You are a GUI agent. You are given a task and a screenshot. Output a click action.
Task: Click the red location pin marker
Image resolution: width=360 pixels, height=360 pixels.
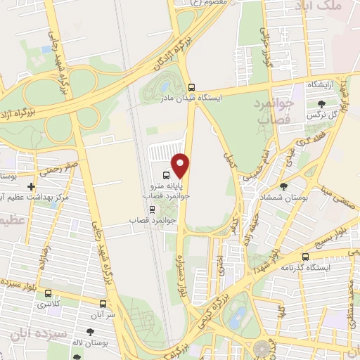coord(181,165)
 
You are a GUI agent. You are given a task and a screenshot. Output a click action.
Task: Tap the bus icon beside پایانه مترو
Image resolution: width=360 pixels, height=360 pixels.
coord(166,175)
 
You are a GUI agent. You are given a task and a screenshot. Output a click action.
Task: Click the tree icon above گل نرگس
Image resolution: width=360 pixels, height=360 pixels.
coord(321,103)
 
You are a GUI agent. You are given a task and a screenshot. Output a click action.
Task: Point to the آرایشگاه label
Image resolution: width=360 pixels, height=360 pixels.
coord(319,85)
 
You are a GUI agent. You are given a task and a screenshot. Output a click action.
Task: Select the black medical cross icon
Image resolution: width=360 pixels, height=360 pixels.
coord(31,186)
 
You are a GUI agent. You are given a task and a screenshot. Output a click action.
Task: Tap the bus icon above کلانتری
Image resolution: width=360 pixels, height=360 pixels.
coord(49,293)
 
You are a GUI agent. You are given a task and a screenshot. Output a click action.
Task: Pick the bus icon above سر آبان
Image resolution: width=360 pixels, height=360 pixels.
coord(103,304)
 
